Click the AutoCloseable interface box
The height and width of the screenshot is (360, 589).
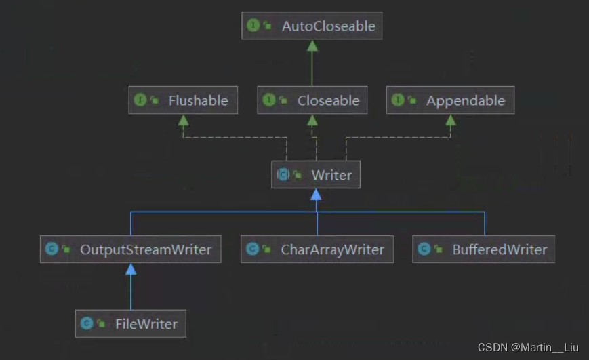click(x=311, y=26)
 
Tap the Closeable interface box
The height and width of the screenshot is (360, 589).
click(x=312, y=100)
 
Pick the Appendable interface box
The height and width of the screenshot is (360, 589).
click(x=450, y=100)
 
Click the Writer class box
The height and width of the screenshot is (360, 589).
click(x=315, y=175)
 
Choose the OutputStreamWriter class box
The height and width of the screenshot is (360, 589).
click(x=130, y=249)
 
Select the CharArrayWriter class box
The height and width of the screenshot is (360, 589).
click(x=317, y=249)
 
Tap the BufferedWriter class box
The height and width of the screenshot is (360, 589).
click(x=484, y=249)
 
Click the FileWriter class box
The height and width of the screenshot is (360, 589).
click(x=130, y=324)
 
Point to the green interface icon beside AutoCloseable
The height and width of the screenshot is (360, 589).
click(x=253, y=26)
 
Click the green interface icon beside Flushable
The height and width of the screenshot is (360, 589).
click(x=140, y=100)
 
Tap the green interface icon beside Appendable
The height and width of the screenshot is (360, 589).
click(x=398, y=100)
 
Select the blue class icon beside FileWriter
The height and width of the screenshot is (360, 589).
click(x=86, y=324)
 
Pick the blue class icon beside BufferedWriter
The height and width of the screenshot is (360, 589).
click(x=424, y=249)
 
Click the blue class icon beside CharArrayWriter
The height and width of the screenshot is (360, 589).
click(x=252, y=249)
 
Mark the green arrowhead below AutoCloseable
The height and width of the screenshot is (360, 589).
click(x=312, y=45)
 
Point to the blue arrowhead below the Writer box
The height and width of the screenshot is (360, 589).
click(x=316, y=195)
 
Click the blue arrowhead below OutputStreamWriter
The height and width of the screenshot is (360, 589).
click(x=131, y=268)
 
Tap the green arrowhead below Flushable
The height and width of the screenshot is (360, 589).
click(x=182, y=120)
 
